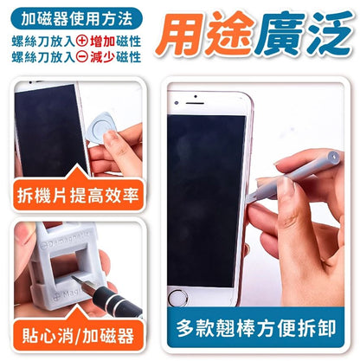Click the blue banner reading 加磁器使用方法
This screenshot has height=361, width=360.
coord(76,19)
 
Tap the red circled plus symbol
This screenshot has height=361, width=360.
coord(82,41)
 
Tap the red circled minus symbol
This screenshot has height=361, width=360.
coord(82,57)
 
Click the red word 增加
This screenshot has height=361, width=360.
coord(102,42)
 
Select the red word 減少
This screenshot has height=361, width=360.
coord(102,57)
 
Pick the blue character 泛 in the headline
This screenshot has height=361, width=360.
coord(330,33)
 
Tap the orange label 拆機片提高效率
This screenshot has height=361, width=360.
coord(78,195)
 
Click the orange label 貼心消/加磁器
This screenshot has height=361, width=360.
coord(78,335)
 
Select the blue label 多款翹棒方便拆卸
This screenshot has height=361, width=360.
coord(255,327)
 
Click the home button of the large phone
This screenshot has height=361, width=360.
coord(177,297)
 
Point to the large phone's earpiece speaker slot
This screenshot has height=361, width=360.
coord(195,103)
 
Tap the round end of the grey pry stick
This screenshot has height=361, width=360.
coord(334,157)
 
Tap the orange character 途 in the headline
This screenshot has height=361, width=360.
coord(228,34)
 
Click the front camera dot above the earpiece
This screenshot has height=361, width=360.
coord(196,96)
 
